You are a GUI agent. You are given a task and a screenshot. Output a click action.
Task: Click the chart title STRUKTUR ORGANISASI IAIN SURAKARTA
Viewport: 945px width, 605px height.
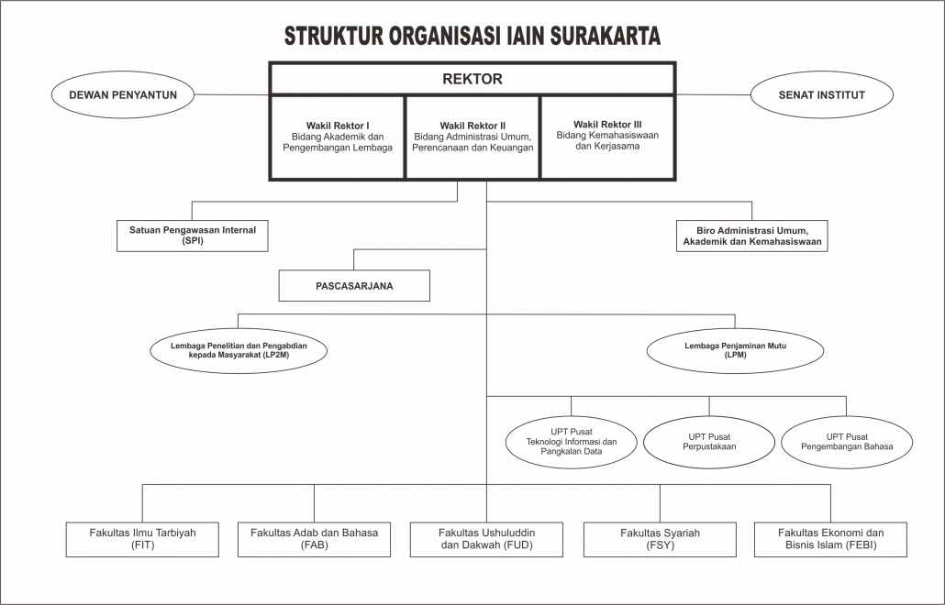[472, 36]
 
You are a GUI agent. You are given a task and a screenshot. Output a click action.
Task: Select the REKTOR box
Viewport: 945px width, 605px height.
[472, 79]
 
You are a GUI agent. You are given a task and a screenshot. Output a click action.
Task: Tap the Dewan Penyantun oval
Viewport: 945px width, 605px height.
[123, 94]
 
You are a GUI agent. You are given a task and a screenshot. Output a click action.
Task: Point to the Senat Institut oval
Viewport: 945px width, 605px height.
[821, 94]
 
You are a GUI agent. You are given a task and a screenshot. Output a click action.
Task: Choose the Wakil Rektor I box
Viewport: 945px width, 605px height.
[338, 137]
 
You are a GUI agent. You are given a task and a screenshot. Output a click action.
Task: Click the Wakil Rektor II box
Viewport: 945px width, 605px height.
[473, 137]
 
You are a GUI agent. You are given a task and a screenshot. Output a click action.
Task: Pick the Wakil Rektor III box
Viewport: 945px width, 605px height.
[607, 137]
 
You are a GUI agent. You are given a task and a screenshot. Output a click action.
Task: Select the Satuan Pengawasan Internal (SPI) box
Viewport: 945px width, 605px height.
[193, 236]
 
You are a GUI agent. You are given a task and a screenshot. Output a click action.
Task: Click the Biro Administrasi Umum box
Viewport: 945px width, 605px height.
[751, 236]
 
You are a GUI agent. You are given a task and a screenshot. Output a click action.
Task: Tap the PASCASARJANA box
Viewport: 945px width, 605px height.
[354, 285]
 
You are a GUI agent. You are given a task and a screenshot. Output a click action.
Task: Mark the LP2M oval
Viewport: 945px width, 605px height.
[239, 350]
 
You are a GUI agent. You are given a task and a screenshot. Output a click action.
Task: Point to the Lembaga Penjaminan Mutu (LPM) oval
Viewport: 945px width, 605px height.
[735, 350]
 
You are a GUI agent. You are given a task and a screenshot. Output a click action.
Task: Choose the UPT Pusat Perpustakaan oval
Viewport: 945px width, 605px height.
[709, 442]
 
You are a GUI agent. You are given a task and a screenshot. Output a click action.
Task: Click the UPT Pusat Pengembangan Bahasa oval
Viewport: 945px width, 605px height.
[847, 442]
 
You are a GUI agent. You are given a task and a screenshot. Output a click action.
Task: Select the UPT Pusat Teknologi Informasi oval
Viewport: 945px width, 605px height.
[572, 442]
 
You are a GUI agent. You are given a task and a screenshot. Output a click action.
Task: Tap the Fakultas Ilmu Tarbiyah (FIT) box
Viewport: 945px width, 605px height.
[142, 539]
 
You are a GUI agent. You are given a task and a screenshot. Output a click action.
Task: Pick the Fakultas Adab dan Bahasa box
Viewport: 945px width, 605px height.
[314, 539]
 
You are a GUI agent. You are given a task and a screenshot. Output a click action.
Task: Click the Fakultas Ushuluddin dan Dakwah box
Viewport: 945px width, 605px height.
[486, 539]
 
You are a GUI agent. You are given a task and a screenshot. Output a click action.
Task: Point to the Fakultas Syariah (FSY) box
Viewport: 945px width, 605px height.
[660, 539]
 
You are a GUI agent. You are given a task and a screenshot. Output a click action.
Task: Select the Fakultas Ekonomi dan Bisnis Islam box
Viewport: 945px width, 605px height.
[830, 539]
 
